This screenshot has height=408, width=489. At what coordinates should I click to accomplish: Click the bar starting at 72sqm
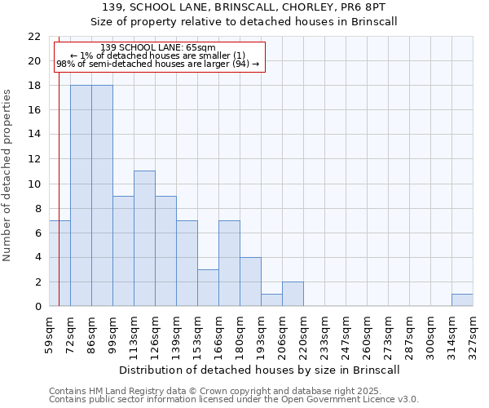click(x=81, y=195)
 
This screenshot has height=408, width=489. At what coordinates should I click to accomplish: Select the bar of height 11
click(x=144, y=238)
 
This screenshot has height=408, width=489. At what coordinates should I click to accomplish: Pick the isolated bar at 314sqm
click(x=462, y=299)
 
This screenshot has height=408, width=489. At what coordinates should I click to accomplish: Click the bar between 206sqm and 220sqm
click(x=293, y=294)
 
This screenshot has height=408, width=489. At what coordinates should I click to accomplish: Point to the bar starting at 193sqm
click(x=271, y=299)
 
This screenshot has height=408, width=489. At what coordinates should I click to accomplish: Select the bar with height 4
click(x=250, y=282)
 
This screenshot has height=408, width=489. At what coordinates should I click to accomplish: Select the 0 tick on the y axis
click(x=37, y=306)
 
